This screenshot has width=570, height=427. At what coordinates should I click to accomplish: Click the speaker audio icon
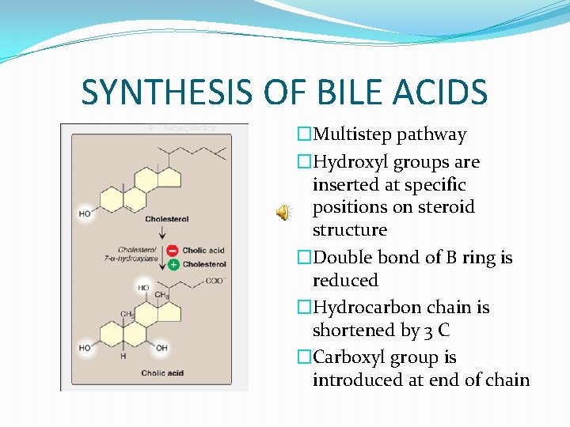pyautogui.click(x=283, y=212)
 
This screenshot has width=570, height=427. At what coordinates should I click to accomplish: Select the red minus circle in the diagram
pyautogui.click(x=173, y=251)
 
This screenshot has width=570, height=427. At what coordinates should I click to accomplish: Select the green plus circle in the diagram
pyautogui.click(x=173, y=264)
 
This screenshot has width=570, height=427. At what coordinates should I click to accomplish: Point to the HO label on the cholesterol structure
pyautogui.click(x=85, y=213)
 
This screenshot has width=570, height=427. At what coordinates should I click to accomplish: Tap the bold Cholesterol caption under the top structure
pyautogui.click(x=167, y=219)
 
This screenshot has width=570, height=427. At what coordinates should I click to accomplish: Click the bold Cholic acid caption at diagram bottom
pyautogui.click(x=162, y=373)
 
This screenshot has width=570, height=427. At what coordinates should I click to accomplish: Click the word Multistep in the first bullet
pyautogui.click(x=348, y=134)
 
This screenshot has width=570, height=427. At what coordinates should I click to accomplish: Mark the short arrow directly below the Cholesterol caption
pyautogui.click(x=162, y=232)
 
